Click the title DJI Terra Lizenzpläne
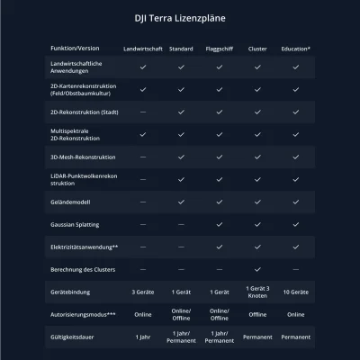180,17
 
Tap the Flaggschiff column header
220,48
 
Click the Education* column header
296,48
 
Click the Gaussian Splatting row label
78,224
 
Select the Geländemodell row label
71,202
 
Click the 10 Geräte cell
296,292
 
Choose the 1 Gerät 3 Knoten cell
257,292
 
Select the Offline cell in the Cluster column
257,315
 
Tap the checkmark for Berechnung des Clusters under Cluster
257,269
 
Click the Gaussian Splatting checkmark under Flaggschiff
220,224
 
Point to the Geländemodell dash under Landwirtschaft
142,202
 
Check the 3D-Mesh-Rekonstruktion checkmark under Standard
181,157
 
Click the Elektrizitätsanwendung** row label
85,247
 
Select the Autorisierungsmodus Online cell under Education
296,315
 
